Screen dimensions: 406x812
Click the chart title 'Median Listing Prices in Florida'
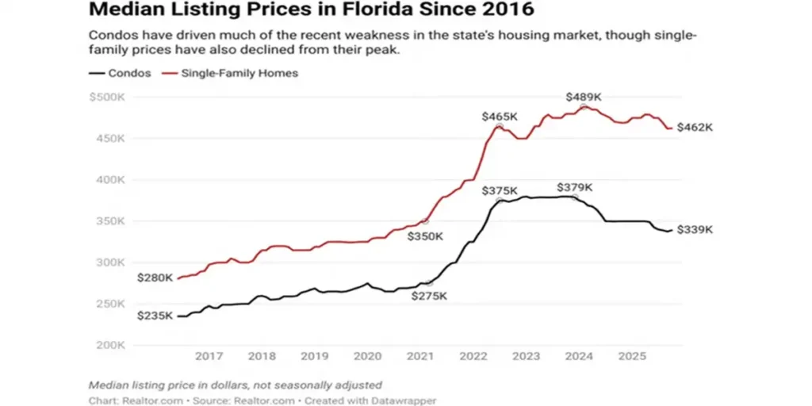pos(311,11)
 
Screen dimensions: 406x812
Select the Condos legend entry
pos(121,73)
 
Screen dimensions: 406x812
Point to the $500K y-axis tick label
pos(109,98)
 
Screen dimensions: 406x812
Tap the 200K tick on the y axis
pos(111,345)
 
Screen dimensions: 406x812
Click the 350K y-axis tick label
pos(111,221)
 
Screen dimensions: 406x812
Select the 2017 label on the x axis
pos(209,356)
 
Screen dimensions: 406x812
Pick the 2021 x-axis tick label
pos(421,356)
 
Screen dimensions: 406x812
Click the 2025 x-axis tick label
pos(632,356)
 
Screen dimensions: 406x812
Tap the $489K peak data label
pos(584,97)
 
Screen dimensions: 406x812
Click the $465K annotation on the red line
pos(500,117)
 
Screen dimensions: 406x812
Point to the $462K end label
pos(695,128)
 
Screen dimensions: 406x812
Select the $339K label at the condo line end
pos(695,230)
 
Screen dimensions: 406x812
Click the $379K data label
pos(574,188)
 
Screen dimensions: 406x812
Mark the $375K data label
pos(500,191)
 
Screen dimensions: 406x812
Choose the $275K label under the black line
pos(429,296)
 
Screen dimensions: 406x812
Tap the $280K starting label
pos(155,278)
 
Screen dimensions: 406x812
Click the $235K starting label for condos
pos(155,316)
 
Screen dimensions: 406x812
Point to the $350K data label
pos(425,236)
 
